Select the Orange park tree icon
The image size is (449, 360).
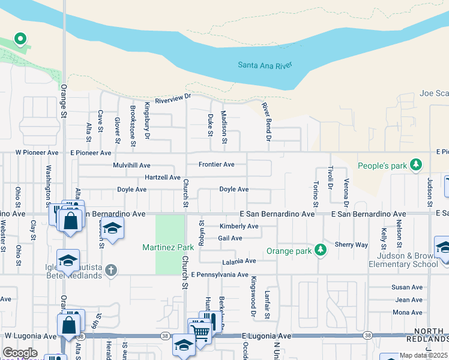(x=321, y=250)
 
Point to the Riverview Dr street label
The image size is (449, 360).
(x=172, y=101)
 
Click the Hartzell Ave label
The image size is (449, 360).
(x=163, y=178)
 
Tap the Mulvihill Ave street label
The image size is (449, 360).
(x=131, y=165)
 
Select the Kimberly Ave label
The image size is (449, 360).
(x=238, y=226)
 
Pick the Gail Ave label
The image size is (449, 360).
(x=230, y=238)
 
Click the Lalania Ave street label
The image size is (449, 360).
(x=239, y=262)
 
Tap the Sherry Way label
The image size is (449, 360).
(x=351, y=245)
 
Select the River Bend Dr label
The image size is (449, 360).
(x=267, y=122)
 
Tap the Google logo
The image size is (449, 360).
(x=20, y=352)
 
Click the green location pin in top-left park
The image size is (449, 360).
(x=20, y=40)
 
